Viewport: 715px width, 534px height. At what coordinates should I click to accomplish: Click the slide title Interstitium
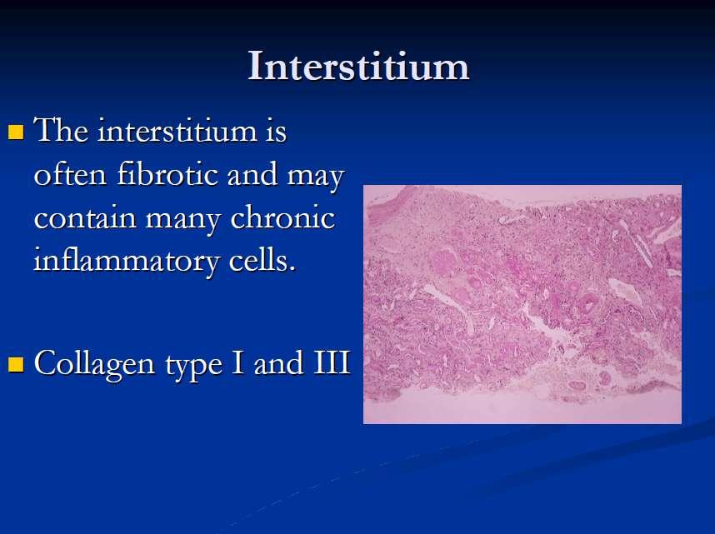coord(358,67)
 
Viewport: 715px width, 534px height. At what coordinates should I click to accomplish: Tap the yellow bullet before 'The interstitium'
coord(16,132)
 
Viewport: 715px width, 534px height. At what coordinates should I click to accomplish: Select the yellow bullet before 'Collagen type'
coord(16,364)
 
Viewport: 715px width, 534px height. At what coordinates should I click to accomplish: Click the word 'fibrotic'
coord(167,174)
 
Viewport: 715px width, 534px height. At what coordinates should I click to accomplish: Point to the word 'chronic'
coord(282,217)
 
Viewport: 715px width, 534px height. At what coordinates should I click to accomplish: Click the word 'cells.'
coord(262,261)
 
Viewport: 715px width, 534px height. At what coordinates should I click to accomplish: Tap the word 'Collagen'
coord(94,364)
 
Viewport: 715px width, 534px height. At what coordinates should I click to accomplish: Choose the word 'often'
coord(70,174)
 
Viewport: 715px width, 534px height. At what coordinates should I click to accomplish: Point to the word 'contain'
coord(85,217)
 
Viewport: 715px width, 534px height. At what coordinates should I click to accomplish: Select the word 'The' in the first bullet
coord(61,130)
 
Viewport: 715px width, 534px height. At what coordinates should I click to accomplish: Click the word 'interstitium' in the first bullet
coord(177,130)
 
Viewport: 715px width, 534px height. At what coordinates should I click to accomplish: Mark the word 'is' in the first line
coord(276,131)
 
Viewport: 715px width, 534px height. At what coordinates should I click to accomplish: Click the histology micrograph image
coord(522,304)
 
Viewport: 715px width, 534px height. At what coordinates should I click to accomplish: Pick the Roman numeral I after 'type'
coord(237,362)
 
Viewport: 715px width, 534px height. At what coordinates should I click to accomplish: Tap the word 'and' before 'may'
coord(252,174)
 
